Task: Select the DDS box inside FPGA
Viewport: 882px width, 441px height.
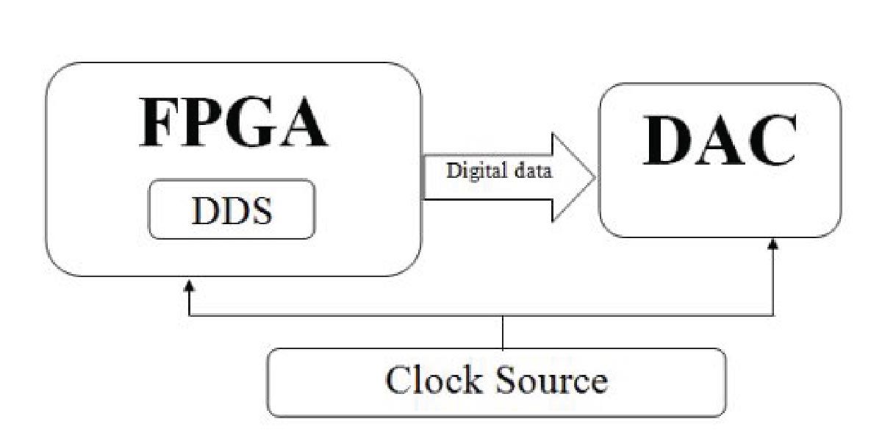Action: (x=232, y=209)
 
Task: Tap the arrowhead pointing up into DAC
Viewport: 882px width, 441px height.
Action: (x=773, y=244)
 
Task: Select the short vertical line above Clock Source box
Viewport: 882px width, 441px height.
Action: (x=503, y=332)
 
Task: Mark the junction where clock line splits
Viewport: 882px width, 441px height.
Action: (x=503, y=316)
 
